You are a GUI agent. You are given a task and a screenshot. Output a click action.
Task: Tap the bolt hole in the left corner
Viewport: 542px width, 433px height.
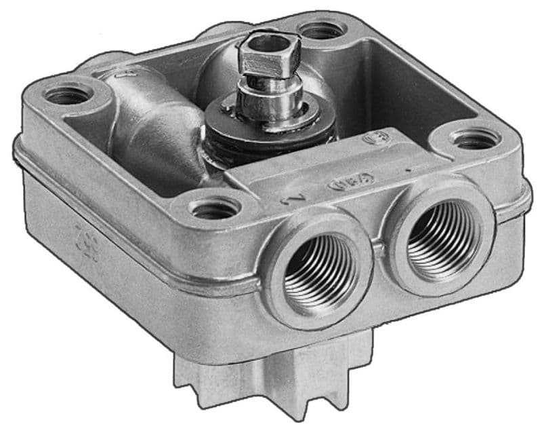tap(67, 96)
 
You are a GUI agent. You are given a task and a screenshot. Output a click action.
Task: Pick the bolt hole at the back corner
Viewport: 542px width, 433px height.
tap(322, 30)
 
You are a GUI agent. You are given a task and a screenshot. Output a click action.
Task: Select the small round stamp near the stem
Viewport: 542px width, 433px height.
tap(372, 138)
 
